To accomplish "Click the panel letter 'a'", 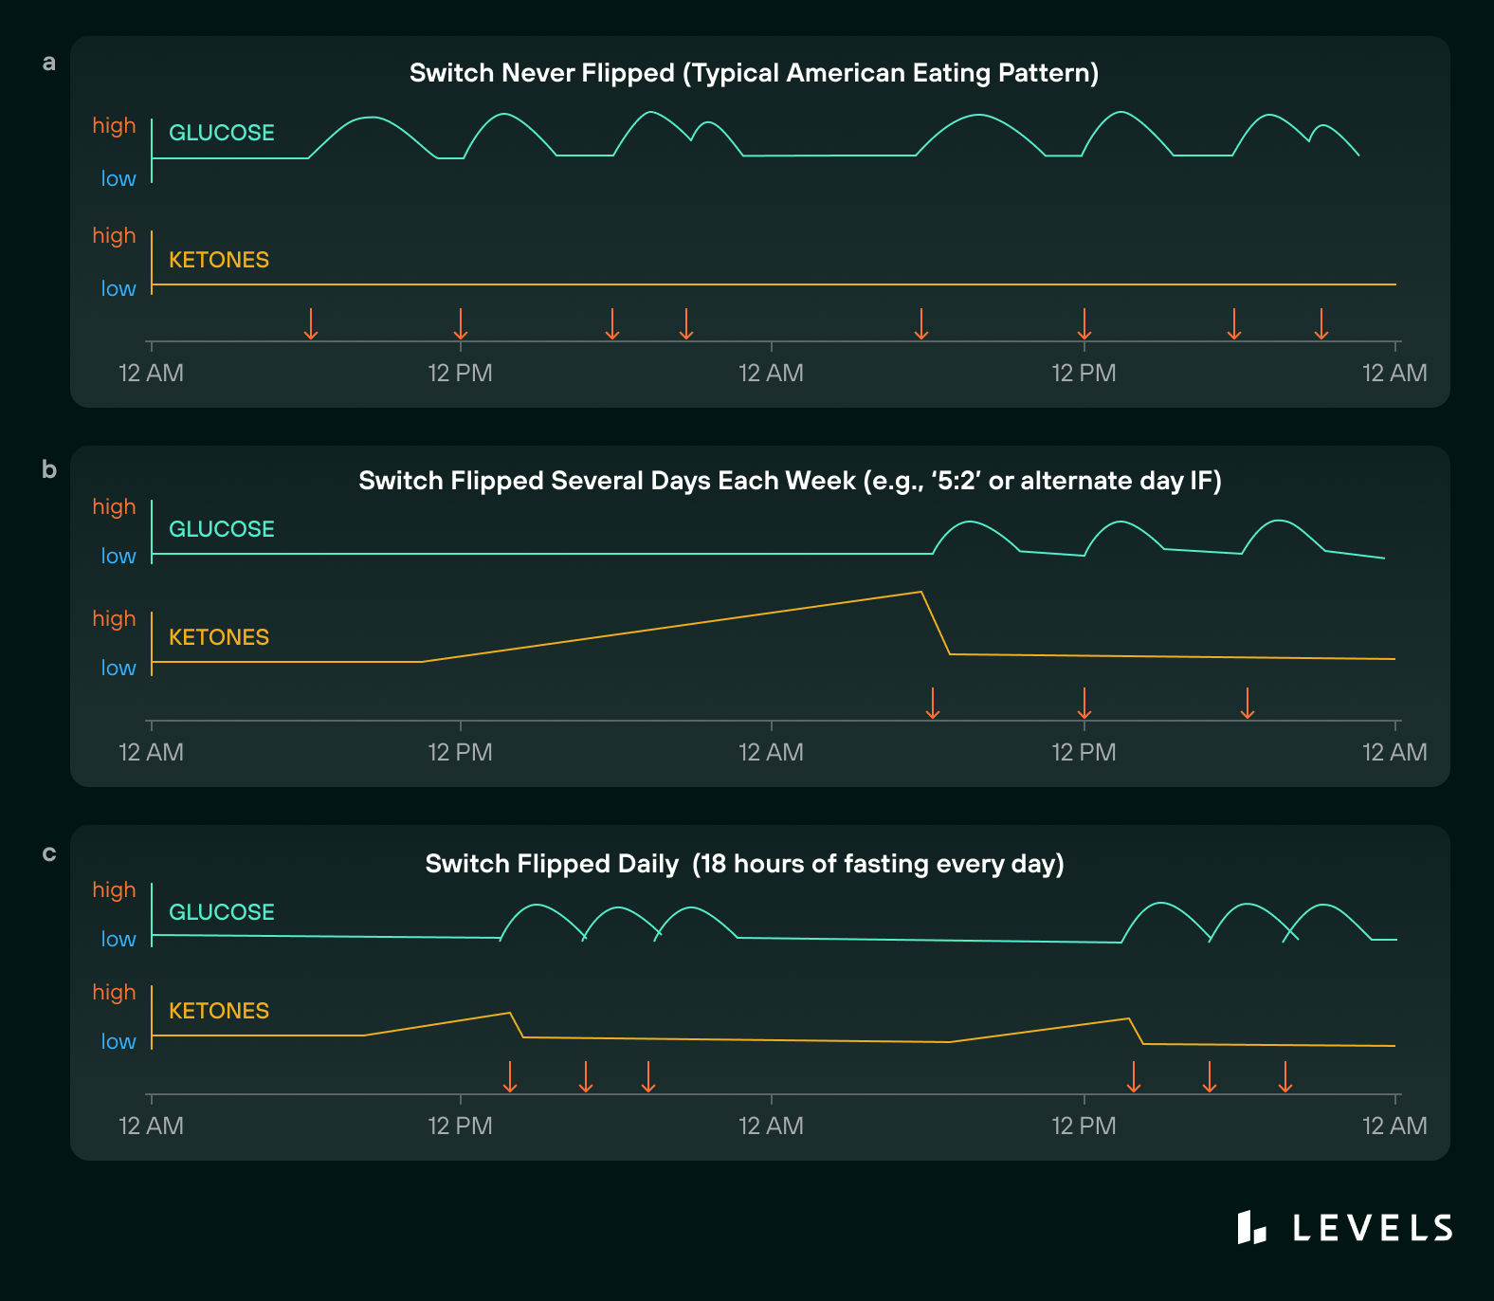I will pyautogui.click(x=49, y=64).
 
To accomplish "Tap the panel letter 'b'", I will pyautogui.click(x=49, y=470).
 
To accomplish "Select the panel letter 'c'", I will pyautogui.click(x=49, y=853).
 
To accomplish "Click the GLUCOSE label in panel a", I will pyautogui.click(x=222, y=133).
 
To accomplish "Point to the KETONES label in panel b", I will pyautogui.click(x=219, y=637).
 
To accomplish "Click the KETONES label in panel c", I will pyautogui.click(x=219, y=1011).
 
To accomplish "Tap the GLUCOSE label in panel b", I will pyautogui.click(x=222, y=529).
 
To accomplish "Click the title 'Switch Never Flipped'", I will pyautogui.click(x=754, y=73).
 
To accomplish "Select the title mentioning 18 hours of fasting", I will pyautogui.click(x=744, y=864).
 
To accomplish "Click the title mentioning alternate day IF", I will pyautogui.click(x=790, y=481).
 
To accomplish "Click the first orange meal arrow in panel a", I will pyautogui.click(x=310, y=324).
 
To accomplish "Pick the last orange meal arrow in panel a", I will pyautogui.click(x=1321, y=324).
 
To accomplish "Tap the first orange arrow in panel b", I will pyautogui.click(x=933, y=704).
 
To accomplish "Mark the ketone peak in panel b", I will pyautogui.click(x=920, y=593).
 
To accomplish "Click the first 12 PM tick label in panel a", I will pyautogui.click(x=460, y=373).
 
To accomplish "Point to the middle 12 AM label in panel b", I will pyautogui.click(x=771, y=752).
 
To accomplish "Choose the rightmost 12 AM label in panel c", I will pyautogui.click(x=1394, y=1126).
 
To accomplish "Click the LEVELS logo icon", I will pyautogui.click(x=1251, y=1227).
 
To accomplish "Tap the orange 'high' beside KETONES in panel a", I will pyautogui.click(x=114, y=235).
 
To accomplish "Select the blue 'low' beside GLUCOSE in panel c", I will pyautogui.click(x=118, y=939).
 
